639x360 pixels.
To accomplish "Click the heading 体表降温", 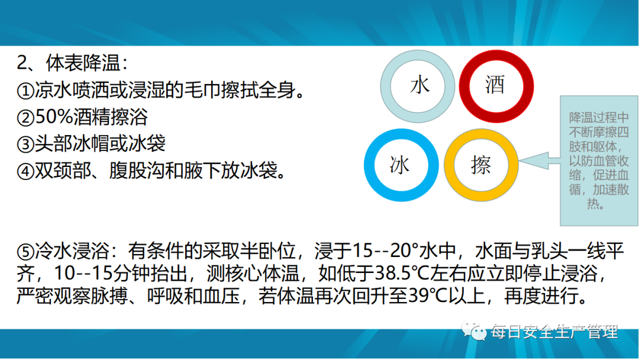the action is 83,63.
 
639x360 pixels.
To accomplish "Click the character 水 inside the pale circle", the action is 419,86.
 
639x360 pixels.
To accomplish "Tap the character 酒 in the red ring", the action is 495,85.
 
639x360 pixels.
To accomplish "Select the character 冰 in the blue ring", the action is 399,165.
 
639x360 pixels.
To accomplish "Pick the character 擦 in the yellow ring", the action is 481,165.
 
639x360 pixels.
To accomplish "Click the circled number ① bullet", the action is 25,90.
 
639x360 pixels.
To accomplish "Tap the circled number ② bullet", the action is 25,117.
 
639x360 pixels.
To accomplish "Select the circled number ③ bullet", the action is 25,144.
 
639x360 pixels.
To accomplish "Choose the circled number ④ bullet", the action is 25,171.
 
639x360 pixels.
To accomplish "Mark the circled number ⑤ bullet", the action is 25,252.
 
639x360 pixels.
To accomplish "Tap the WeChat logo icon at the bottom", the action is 473,330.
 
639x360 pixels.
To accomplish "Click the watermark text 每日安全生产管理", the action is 554,332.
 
